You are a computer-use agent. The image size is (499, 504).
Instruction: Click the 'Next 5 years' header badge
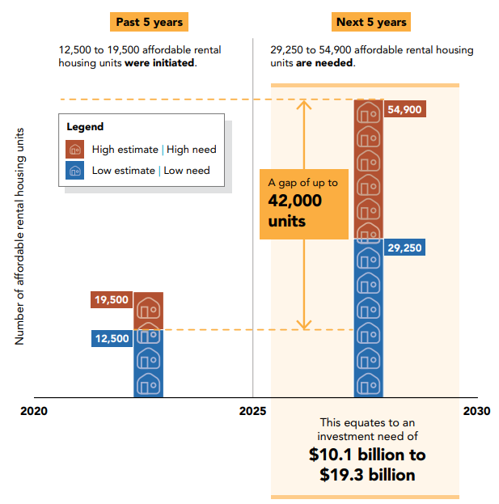click(370, 22)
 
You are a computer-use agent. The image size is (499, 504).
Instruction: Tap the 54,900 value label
click(404, 110)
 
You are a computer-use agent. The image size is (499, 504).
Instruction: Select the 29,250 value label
click(404, 248)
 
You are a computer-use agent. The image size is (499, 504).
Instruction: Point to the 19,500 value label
click(112, 300)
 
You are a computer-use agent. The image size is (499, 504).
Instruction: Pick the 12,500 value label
click(112, 339)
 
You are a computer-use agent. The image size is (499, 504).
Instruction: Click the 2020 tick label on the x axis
click(34, 411)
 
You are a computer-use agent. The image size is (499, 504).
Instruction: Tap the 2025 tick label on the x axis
click(252, 411)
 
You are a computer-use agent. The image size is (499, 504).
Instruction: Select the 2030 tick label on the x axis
click(476, 411)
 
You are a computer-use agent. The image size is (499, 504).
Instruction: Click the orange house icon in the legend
click(75, 149)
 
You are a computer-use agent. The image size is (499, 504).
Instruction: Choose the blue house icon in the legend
click(75, 171)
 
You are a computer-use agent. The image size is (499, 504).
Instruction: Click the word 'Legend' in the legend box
click(85, 127)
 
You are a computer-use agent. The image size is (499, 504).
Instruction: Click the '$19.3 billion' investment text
click(367, 474)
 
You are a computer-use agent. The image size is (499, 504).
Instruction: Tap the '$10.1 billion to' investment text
click(367, 455)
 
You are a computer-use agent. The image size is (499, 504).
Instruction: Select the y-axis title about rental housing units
click(20, 235)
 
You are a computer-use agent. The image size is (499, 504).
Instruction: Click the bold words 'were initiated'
click(160, 63)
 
